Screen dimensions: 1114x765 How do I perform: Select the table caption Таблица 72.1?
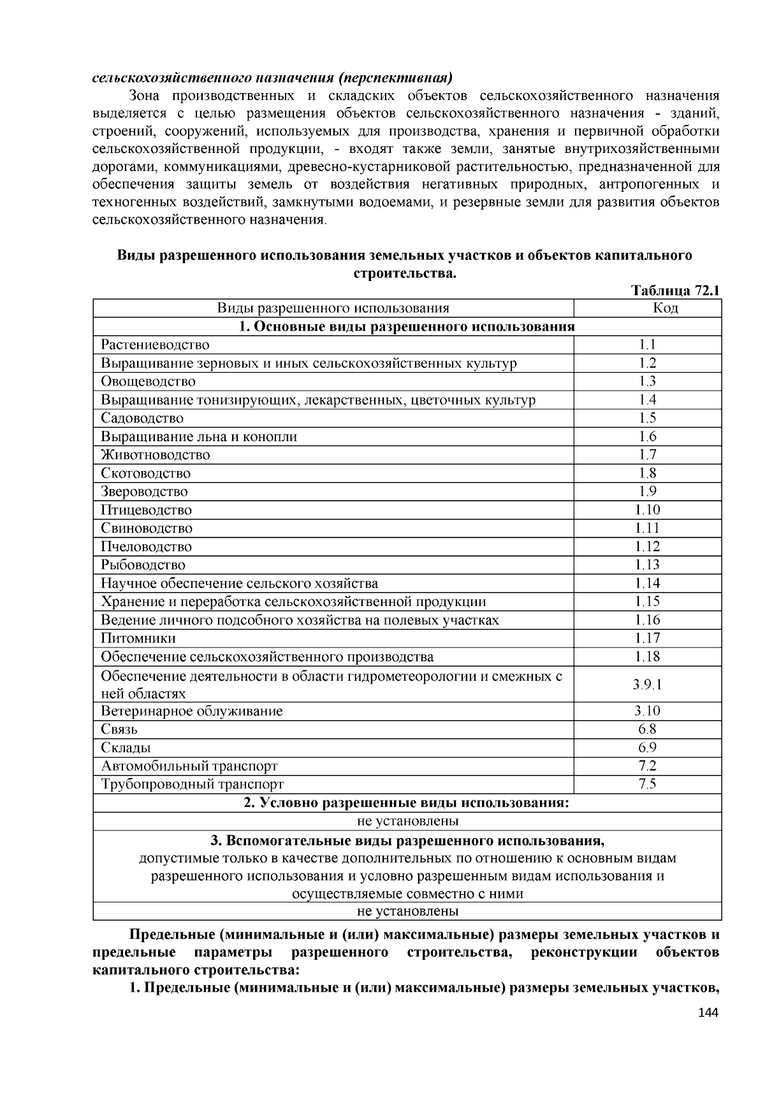point(676,291)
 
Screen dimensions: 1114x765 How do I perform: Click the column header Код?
point(647,308)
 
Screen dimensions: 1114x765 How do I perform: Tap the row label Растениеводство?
point(155,345)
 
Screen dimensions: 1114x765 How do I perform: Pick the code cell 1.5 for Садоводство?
point(647,418)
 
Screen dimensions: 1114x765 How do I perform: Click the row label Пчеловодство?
point(146,547)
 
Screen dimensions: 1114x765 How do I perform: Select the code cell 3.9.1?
point(647,684)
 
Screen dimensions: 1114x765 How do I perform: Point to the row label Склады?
point(126,748)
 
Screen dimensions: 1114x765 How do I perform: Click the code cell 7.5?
point(647,785)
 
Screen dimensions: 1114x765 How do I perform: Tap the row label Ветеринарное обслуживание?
point(191,711)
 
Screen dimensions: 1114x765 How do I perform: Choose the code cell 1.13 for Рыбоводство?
point(647,565)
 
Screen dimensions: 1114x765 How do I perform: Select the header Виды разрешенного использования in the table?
point(333,308)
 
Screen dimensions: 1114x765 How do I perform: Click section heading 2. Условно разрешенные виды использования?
point(407,803)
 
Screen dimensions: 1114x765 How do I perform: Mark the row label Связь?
point(119,730)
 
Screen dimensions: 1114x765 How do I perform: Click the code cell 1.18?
point(647,656)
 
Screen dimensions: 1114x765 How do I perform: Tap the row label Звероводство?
point(144,491)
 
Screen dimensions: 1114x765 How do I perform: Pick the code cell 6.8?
point(647,730)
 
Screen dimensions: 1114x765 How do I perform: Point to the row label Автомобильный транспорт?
point(189,766)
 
